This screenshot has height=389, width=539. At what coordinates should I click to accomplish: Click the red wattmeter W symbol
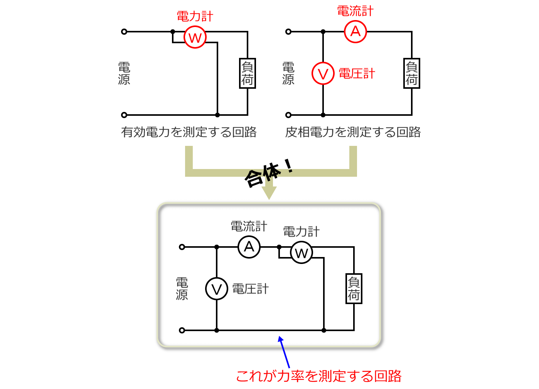point(195,37)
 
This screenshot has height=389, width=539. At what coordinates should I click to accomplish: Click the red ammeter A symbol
point(355,31)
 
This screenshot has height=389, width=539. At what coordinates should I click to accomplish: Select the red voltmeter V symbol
point(323,73)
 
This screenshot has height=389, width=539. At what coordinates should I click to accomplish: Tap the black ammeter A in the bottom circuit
point(249,247)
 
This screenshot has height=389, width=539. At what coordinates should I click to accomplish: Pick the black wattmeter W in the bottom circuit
point(301,253)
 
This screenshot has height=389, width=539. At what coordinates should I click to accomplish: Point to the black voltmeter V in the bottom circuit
point(217,289)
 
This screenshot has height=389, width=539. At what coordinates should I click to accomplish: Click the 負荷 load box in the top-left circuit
point(247,73)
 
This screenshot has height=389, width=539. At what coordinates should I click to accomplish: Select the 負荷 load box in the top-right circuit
point(411,73)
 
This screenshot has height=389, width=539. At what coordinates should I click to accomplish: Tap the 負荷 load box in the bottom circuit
point(354,289)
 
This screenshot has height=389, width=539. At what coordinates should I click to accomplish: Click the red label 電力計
point(195,17)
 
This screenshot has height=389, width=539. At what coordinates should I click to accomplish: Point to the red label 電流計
point(355,11)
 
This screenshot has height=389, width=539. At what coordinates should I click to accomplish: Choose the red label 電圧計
point(357,73)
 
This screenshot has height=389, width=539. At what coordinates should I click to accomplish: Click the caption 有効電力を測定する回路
point(189,132)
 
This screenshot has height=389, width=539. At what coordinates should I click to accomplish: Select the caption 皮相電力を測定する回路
point(353,132)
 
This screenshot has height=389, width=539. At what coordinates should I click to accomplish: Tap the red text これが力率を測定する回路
point(318,376)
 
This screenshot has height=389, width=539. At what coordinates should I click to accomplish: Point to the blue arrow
point(285,352)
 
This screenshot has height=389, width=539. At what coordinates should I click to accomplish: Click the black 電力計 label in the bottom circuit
point(301,232)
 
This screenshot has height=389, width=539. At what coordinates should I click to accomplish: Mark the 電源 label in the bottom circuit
point(182,289)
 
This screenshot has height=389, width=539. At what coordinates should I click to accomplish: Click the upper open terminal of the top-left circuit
point(124,32)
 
